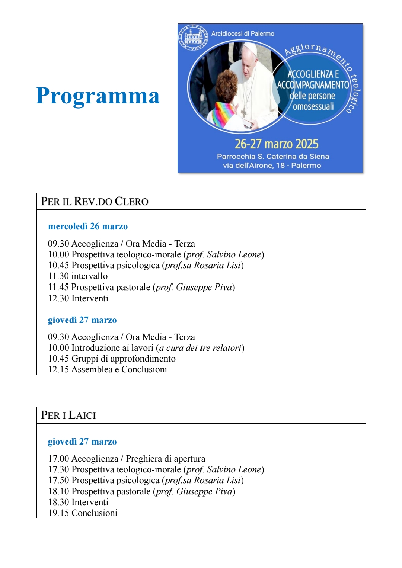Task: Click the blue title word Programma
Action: tap(98, 96)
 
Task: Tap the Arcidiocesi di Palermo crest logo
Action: tap(193, 38)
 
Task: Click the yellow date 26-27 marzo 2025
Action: tap(277, 144)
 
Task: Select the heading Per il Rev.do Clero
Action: tap(95, 201)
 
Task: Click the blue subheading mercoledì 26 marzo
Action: tap(88, 226)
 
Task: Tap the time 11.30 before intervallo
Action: tap(58, 276)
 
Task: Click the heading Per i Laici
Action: tap(68, 415)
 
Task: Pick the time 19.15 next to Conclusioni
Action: tap(58, 513)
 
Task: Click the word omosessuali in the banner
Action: tap(313, 107)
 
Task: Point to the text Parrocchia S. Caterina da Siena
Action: tap(273, 157)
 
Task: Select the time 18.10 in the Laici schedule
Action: tap(58, 491)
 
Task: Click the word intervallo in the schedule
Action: tap(89, 276)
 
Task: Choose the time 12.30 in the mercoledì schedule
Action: tap(58, 298)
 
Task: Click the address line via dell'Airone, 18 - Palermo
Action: tap(272, 166)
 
